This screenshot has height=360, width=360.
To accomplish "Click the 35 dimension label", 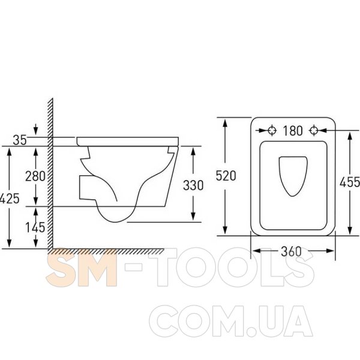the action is click(x=20, y=140).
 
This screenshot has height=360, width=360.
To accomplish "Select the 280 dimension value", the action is click(x=35, y=176).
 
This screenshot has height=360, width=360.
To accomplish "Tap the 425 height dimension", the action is click(x=9, y=199).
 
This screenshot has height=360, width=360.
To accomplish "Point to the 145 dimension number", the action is click(x=35, y=227).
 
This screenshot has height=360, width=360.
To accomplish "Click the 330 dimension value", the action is click(x=193, y=185).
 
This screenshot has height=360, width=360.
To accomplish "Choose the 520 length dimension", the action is click(x=226, y=176).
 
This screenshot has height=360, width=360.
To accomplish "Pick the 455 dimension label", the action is click(x=350, y=182).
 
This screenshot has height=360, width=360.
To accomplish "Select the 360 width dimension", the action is click(x=291, y=251).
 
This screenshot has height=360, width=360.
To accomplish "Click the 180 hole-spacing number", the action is click(x=293, y=131).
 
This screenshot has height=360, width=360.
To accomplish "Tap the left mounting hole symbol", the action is click(x=272, y=130).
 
